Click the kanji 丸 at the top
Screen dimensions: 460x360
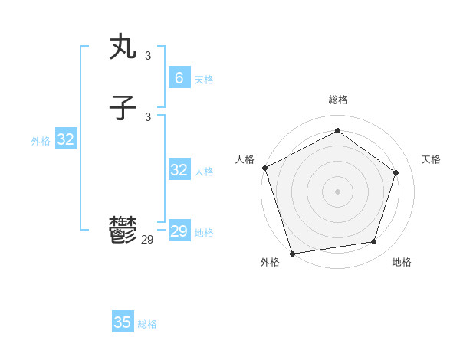click(x=123, y=47)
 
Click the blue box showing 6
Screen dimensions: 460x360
click(x=179, y=77)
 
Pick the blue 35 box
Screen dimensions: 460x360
click(x=123, y=322)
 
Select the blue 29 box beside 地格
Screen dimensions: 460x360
click(x=179, y=231)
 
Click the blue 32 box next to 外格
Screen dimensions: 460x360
click(x=65, y=139)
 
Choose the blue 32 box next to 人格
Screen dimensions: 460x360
click(x=179, y=170)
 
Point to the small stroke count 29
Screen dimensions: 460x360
click(x=147, y=240)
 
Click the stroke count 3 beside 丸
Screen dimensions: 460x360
click(x=148, y=56)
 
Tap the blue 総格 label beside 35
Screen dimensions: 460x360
click(x=147, y=324)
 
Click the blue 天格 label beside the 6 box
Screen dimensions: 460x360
click(x=204, y=80)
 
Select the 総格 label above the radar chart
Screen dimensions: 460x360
click(x=337, y=100)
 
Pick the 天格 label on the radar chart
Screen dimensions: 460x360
click(x=431, y=159)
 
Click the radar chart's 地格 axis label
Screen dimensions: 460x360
click(x=402, y=262)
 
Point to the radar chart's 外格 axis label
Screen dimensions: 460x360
click(x=270, y=262)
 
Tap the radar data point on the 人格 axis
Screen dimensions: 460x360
click(x=264, y=168)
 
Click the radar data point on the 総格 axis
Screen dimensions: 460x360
click(x=337, y=131)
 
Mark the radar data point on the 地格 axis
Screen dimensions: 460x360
click(x=374, y=242)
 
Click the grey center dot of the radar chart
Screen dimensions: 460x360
click(x=337, y=191)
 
